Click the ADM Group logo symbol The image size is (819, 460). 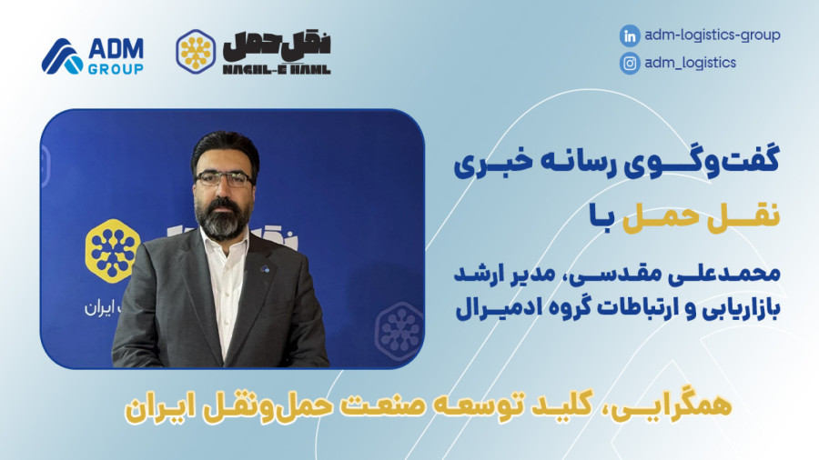pyautogui.click(x=62, y=55)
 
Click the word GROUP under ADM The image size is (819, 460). pyautogui.click(x=116, y=69)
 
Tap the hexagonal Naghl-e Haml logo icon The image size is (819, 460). pyautogui.click(x=196, y=52)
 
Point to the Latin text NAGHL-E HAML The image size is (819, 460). pyautogui.click(x=277, y=69)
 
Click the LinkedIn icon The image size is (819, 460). pyautogui.click(x=630, y=36)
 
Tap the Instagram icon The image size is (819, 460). pyautogui.click(x=630, y=64)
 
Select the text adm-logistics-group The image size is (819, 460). pyautogui.click(x=713, y=35)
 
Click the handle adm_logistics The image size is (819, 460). pyautogui.click(x=690, y=63)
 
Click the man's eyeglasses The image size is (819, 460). pyautogui.click(x=224, y=179)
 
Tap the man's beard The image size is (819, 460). pyautogui.click(x=222, y=219)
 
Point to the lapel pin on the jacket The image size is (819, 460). pyautogui.click(x=264, y=269)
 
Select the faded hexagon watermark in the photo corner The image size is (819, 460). pyautogui.click(x=399, y=331)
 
